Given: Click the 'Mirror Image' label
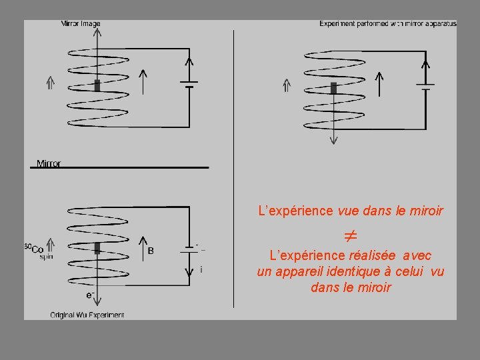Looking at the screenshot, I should (x=81, y=24).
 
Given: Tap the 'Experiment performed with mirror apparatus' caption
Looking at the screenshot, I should (x=388, y=24).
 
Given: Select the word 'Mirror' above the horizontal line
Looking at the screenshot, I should (x=49, y=163).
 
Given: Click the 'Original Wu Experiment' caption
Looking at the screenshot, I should (x=87, y=315).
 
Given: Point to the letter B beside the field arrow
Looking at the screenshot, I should (x=151, y=251).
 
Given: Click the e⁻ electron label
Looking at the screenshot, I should (x=90, y=294).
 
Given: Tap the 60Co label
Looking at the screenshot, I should (x=34, y=249).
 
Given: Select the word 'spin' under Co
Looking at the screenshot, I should (x=46, y=257).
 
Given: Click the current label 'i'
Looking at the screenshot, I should (x=201, y=269).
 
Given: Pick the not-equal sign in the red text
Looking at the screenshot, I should (x=351, y=236).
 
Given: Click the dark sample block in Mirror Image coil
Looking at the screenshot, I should (x=97, y=85).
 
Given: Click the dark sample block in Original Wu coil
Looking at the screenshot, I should (x=97, y=248).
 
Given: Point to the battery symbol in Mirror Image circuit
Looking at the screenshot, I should (x=190, y=85).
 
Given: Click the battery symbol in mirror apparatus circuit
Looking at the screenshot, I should (x=425, y=87).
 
